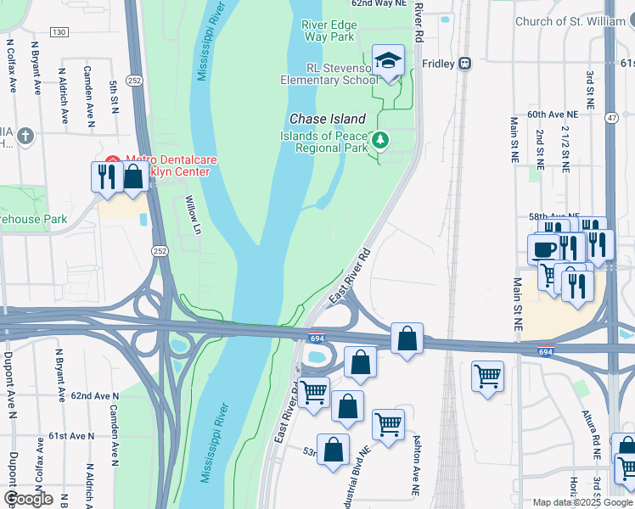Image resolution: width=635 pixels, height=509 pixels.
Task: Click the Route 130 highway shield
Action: [x=59, y=32]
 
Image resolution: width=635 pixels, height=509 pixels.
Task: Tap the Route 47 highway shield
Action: [x=611, y=118]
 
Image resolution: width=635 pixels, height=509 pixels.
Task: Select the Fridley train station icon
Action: [x=464, y=63]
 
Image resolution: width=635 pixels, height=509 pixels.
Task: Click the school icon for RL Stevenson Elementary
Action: [x=389, y=61]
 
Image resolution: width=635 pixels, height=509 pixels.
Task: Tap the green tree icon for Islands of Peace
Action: [x=381, y=140]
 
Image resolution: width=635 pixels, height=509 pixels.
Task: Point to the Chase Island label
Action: [x=328, y=120]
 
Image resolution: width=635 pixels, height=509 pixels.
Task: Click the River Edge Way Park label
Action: [x=328, y=31]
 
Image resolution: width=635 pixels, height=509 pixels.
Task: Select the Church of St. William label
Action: [x=574, y=22]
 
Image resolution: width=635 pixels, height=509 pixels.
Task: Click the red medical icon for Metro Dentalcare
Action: [x=113, y=160]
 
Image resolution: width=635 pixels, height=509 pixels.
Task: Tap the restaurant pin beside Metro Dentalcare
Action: [x=106, y=177]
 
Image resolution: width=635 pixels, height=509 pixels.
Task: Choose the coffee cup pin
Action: [x=543, y=249]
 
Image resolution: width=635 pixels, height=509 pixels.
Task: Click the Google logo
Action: [x=28, y=498]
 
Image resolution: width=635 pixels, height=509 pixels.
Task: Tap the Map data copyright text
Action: [x=582, y=502]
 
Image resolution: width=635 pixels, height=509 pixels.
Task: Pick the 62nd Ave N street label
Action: [x=94, y=396]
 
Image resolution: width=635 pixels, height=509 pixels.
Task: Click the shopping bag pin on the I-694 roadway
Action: [x=407, y=338]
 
